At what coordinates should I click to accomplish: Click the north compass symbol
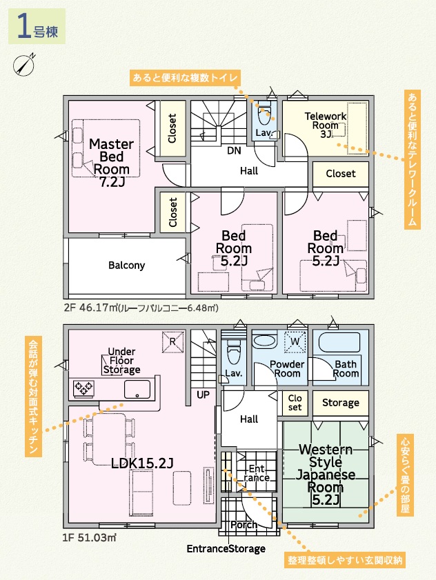click(24, 65)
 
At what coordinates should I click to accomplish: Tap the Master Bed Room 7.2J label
click(111, 163)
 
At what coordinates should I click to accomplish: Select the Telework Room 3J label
click(326, 125)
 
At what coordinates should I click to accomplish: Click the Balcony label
click(126, 266)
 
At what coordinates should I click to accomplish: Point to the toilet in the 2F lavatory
click(264, 116)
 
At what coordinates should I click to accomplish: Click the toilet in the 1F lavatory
click(233, 354)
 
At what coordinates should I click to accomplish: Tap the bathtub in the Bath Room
click(339, 343)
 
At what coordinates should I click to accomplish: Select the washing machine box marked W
click(295, 342)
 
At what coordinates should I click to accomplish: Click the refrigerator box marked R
click(172, 342)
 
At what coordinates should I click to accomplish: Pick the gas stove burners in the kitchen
click(84, 388)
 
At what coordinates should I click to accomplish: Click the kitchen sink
click(137, 389)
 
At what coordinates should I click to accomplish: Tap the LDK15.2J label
click(142, 463)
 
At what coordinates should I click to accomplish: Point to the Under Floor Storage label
click(122, 361)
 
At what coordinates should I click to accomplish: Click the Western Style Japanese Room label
click(326, 474)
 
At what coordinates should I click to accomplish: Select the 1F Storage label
click(341, 403)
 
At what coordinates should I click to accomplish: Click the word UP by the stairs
click(203, 395)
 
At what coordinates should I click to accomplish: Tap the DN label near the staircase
click(234, 150)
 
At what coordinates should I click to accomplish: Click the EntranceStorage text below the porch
click(226, 548)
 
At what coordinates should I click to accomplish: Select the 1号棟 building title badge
click(37, 27)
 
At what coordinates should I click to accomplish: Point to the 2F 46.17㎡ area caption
click(141, 308)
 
